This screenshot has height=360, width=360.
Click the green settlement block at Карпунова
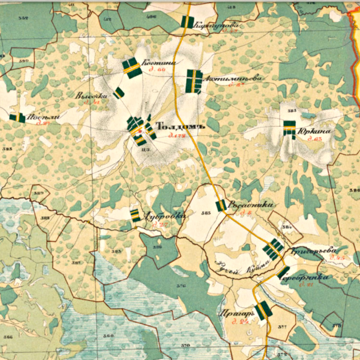click(187, 22)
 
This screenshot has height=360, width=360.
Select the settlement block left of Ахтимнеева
click(193, 81)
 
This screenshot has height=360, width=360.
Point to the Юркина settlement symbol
click(290, 128)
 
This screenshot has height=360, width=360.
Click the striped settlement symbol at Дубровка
click(135, 215)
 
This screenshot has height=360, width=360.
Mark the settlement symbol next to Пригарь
click(263, 310)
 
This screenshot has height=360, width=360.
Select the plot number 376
click(181, 285)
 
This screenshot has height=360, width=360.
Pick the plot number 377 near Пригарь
click(282, 328)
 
